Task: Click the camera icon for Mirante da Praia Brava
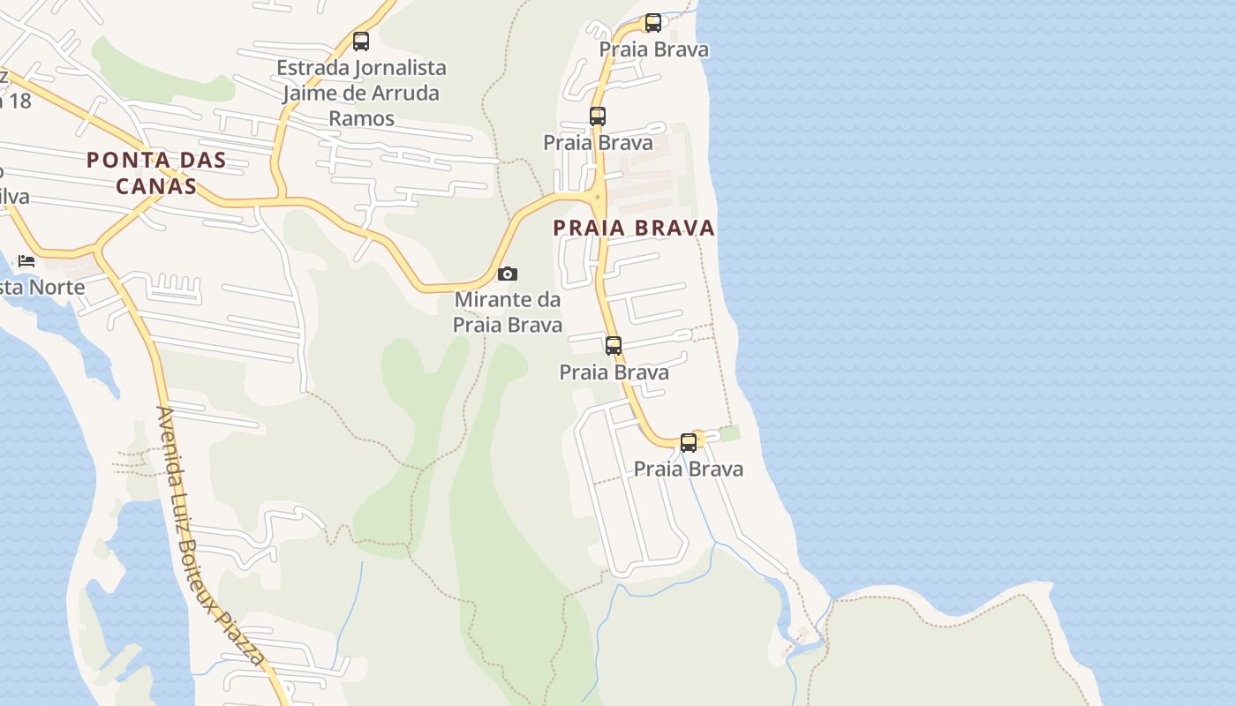click(508, 274)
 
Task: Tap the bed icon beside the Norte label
click(26, 260)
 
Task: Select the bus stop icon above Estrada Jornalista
click(360, 41)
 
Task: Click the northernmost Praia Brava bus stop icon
click(653, 23)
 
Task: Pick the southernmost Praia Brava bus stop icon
click(689, 443)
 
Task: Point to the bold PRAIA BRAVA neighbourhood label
click(634, 228)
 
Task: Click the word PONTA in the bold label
click(122, 161)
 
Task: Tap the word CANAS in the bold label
click(156, 186)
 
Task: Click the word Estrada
click(313, 68)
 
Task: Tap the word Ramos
click(361, 117)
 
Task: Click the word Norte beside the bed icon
click(57, 288)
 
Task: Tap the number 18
click(19, 101)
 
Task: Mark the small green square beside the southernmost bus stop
click(729, 433)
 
